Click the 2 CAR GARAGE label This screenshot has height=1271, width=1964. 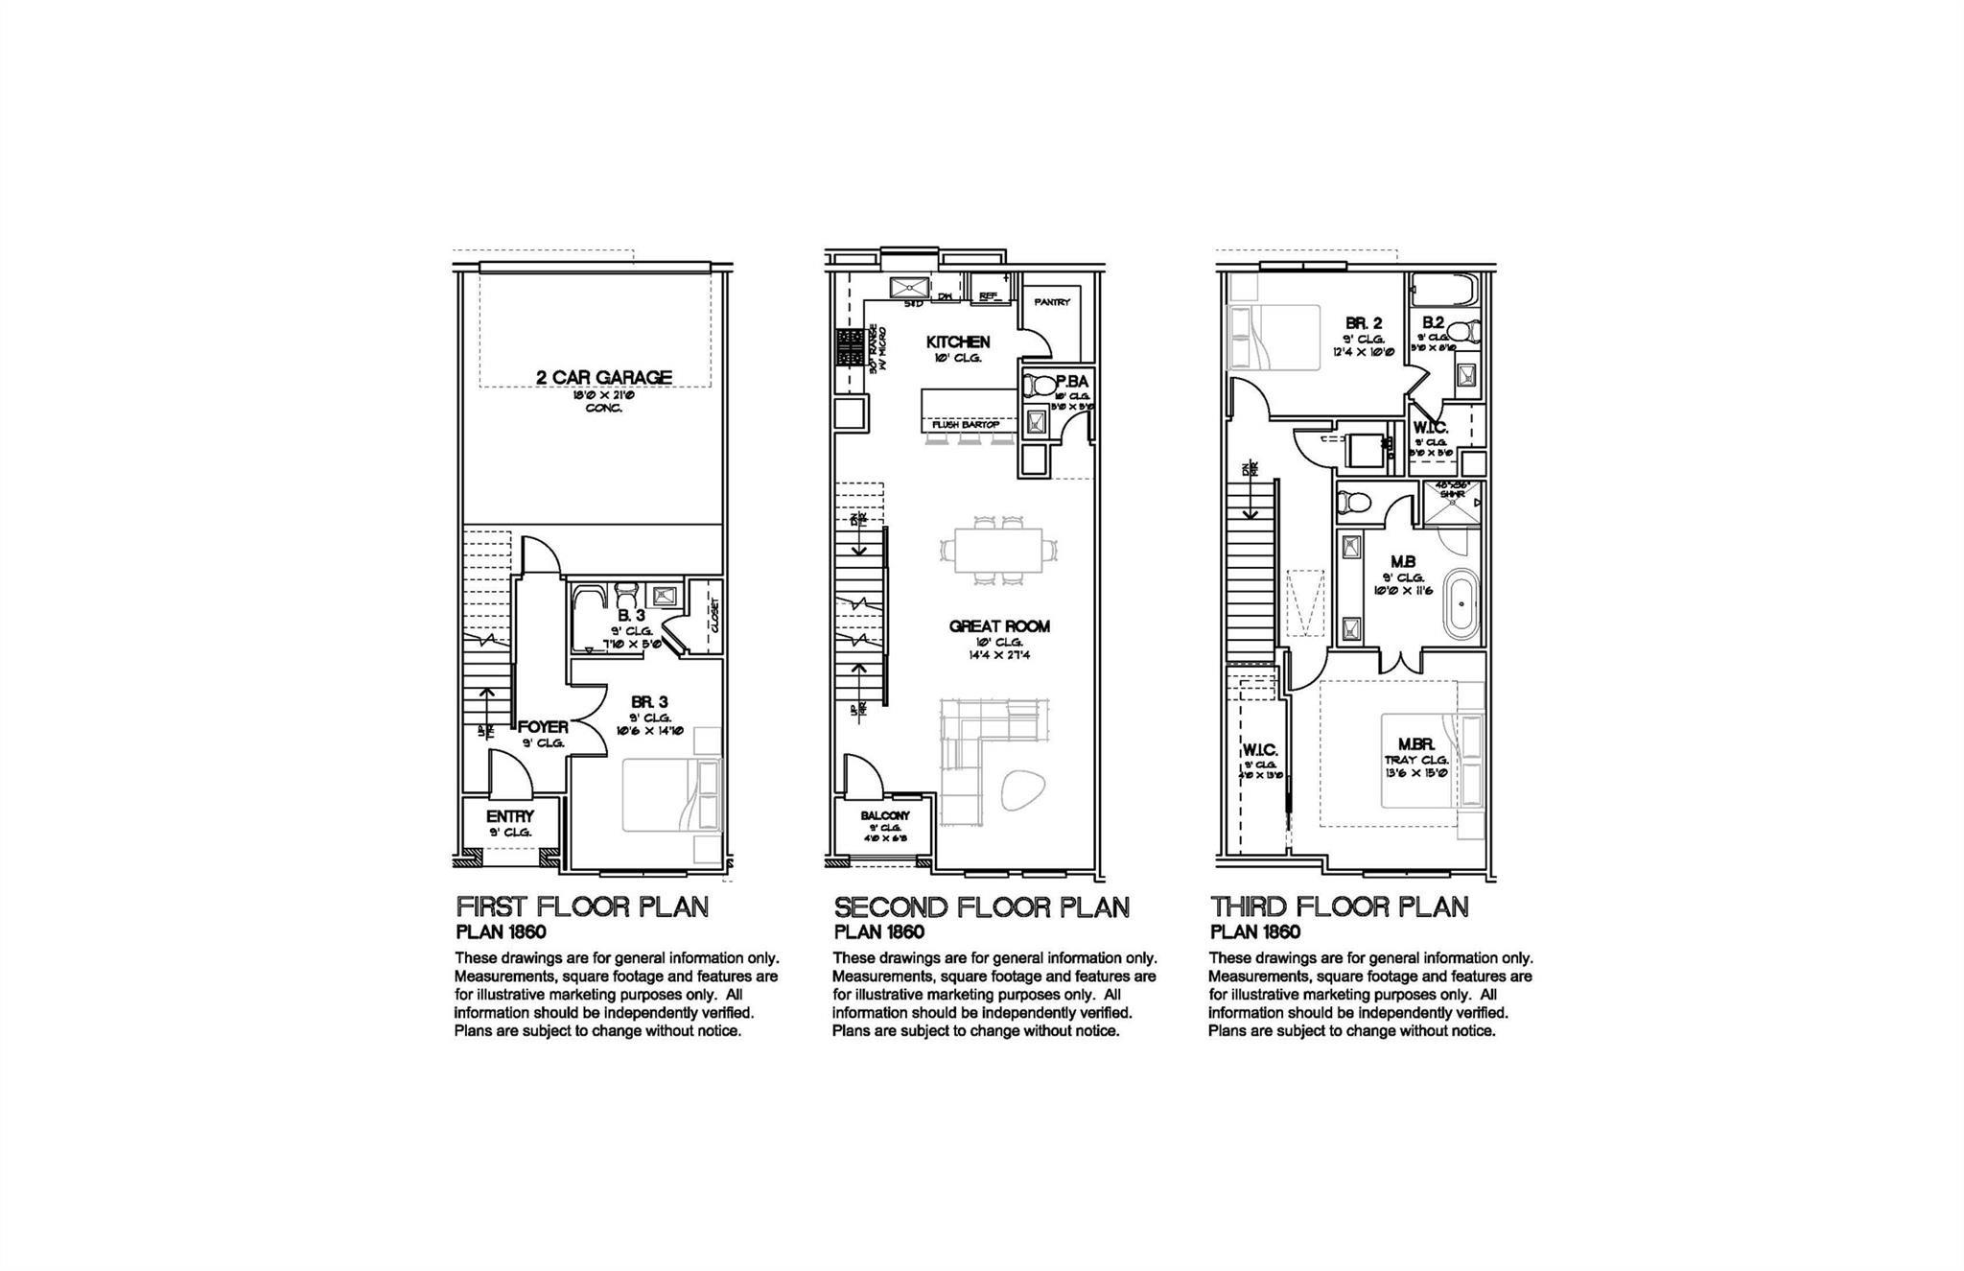tap(603, 377)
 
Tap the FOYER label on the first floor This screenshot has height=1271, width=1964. tap(543, 727)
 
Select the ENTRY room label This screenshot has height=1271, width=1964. tap(509, 816)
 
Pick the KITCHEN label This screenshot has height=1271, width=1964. tap(957, 341)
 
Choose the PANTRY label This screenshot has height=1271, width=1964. tap(1052, 302)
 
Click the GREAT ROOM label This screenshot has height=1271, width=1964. tap(999, 626)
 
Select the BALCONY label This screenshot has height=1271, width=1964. tap(884, 815)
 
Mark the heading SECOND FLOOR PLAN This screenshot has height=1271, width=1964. tap(981, 907)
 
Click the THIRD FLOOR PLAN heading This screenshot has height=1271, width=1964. tap(1339, 907)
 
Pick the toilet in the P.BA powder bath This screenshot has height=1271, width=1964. tap(1038, 387)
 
